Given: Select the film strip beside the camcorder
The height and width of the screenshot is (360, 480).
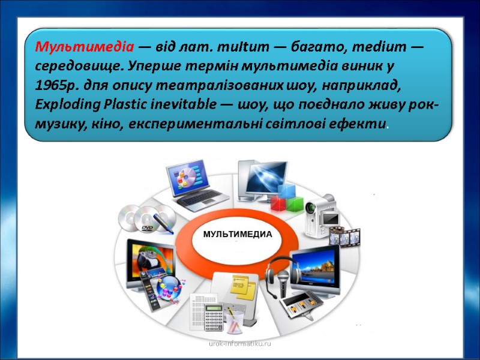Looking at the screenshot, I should coord(346,236).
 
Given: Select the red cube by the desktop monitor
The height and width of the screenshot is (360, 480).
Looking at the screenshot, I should coord(278,201).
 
